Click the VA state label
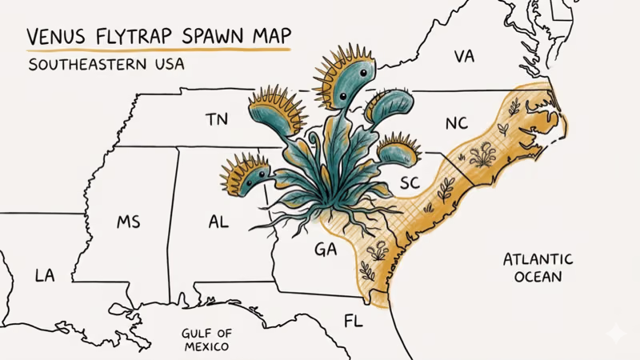click(x=464, y=57)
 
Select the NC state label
click(x=457, y=123)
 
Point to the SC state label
click(x=410, y=183)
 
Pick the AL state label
click(x=218, y=222)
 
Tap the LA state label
click(x=45, y=276)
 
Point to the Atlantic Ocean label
click(x=538, y=268)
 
